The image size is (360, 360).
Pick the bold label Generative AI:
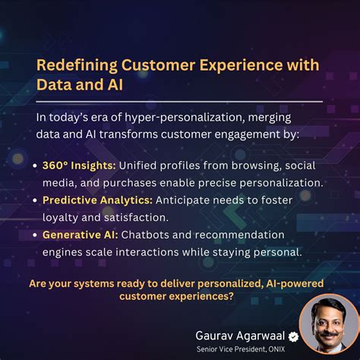click(79, 235)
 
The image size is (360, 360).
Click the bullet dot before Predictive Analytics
click(37, 201)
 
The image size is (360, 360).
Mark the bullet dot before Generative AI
click(37, 235)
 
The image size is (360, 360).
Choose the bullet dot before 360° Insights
click(37, 166)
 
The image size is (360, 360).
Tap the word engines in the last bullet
click(64, 251)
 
